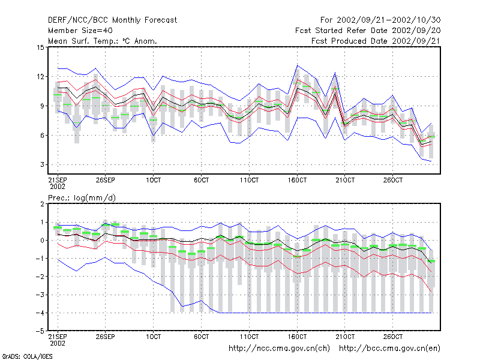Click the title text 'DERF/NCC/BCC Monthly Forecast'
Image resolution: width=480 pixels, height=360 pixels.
[112, 20]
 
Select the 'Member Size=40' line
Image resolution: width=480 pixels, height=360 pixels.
[80, 31]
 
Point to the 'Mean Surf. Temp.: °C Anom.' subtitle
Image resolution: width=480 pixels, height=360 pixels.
[103, 41]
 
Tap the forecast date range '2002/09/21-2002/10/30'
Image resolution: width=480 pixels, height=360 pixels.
[388, 20]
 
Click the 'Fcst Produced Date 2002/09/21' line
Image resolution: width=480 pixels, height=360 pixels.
[376, 41]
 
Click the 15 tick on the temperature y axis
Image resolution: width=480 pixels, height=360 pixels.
[40, 47]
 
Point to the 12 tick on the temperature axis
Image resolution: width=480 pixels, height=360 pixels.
[40, 77]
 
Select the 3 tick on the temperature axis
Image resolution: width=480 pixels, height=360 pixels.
[42, 164]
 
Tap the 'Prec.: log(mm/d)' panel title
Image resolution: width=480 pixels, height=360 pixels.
[82, 198]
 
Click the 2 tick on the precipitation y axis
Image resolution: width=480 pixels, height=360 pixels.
[42, 204]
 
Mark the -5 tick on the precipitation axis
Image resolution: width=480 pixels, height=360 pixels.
[40, 331]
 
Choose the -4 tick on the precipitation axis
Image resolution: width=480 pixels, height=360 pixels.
[40, 313]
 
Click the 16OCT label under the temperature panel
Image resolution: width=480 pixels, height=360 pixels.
[297, 181]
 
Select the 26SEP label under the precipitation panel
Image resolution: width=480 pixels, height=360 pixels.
[106, 337]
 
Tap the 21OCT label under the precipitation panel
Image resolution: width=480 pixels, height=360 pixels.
[345, 337]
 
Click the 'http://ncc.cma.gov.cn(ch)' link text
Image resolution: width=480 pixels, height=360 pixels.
[279, 349]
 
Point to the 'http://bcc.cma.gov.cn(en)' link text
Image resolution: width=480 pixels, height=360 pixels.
[389, 349]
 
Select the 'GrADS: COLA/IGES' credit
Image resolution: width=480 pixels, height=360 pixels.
[27, 356]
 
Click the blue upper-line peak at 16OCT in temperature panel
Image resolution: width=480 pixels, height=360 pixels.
[297, 65]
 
